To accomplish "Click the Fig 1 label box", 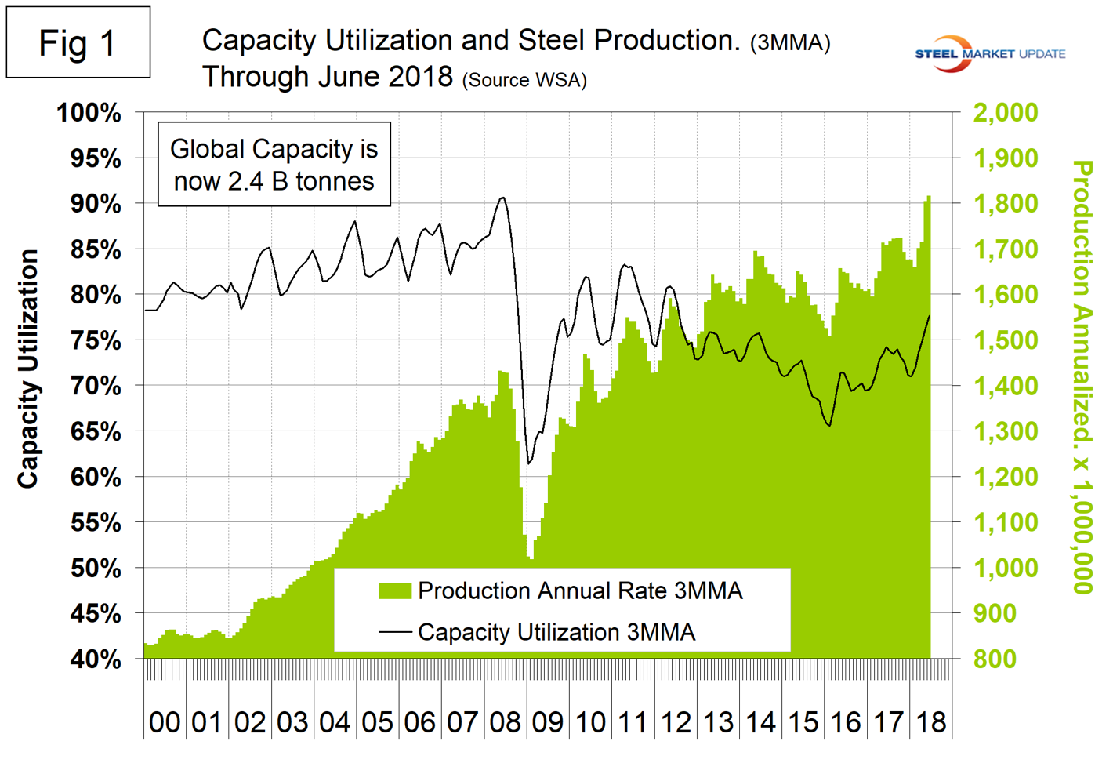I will (78, 42).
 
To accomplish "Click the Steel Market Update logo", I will (990, 53).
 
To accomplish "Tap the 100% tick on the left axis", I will (89, 113).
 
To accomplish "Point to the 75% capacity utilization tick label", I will (96, 341).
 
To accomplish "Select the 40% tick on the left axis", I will (96, 659).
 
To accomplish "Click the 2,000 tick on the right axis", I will (1006, 112).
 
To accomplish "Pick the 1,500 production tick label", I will (1006, 340).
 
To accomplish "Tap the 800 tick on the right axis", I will (995, 659).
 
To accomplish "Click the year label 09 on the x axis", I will (547, 722).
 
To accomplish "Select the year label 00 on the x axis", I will (165, 722).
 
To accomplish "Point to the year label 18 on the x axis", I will (930, 722).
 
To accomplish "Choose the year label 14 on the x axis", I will (760, 722).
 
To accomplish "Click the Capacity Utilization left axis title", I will (28, 369).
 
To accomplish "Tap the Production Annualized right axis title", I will (1082, 376).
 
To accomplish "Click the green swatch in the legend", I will (395, 591).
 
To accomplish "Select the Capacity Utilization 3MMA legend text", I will (556, 632).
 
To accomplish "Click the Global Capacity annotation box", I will (274, 165).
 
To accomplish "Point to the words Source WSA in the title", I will (524, 80).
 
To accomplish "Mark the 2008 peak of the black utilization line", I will (502, 198).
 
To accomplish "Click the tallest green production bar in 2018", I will (929, 198).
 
